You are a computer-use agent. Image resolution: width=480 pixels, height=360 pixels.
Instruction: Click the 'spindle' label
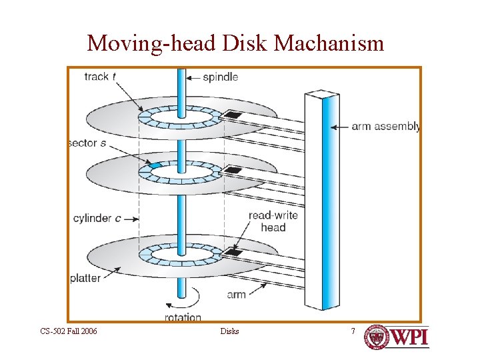click(221, 77)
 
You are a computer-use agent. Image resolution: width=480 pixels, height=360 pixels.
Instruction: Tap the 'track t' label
click(100, 77)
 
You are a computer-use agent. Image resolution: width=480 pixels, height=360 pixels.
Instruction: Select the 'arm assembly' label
click(386, 126)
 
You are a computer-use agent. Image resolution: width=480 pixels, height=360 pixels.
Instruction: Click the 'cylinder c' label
click(97, 218)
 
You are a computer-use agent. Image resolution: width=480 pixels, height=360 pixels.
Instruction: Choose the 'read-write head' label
click(273, 221)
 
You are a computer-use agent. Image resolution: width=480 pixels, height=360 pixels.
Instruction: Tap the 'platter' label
click(85, 278)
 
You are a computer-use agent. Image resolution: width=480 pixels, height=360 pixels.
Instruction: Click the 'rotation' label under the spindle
click(183, 317)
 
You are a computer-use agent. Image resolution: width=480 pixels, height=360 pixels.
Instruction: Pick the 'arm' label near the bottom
click(236, 294)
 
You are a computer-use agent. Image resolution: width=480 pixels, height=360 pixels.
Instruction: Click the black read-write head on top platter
click(232, 116)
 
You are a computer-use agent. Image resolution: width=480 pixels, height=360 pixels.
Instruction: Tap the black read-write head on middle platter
click(232, 171)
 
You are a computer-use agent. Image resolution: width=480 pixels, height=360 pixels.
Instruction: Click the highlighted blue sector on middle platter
click(155, 165)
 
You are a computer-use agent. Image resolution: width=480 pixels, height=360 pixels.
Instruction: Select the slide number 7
click(353, 331)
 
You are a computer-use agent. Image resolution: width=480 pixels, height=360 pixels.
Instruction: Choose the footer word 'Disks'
click(229, 331)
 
